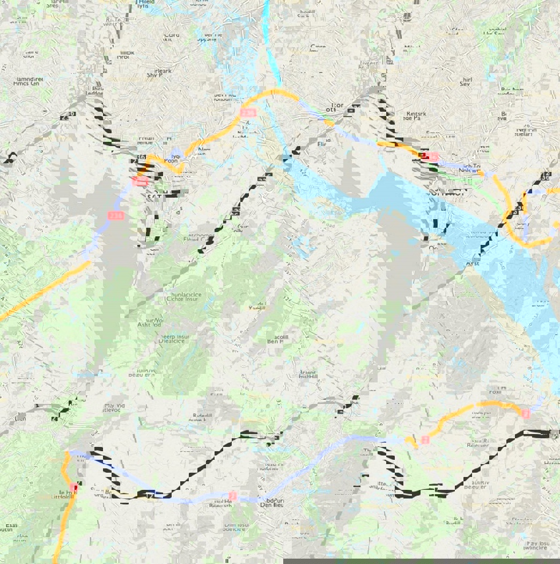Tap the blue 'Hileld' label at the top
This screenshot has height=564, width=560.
pos(143,3)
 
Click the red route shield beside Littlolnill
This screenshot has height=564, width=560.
pos(74,487)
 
